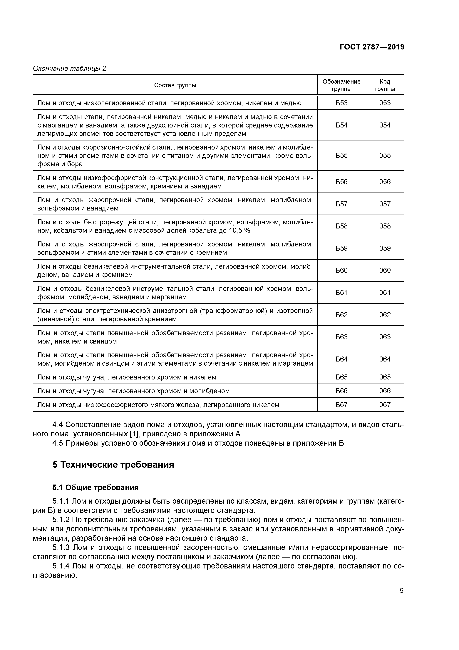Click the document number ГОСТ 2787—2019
tap(372, 47)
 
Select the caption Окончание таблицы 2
tap(70, 69)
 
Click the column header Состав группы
tap(175, 85)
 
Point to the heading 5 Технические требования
tap(113, 465)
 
